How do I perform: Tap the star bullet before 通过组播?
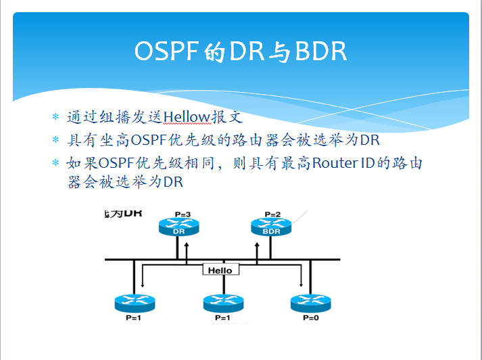(x=56, y=116)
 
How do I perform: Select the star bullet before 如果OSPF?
(x=56, y=164)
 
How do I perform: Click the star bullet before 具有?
(x=56, y=140)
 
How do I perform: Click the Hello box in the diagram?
(x=220, y=270)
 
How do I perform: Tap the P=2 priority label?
(x=272, y=215)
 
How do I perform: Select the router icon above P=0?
(x=310, y=302)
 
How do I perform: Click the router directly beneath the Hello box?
(x=221, y=302)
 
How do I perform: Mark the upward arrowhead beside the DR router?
(x=188, y=238)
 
